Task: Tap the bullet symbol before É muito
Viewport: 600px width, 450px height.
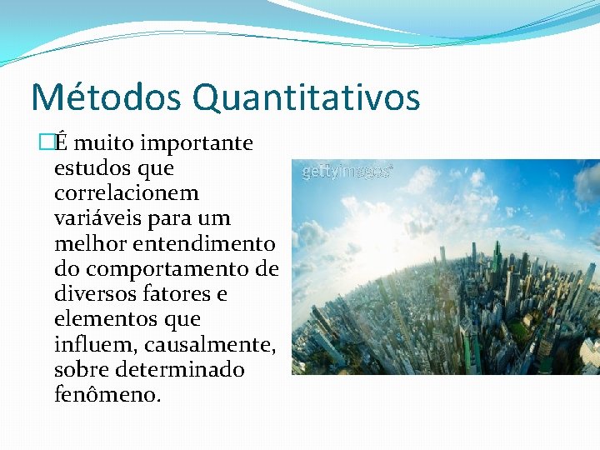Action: (46, 143)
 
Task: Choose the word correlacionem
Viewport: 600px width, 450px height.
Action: (126, 193)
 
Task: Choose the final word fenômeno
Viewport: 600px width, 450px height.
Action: (104, 394)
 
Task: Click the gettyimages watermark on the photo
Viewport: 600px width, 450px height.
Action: (346, 171)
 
